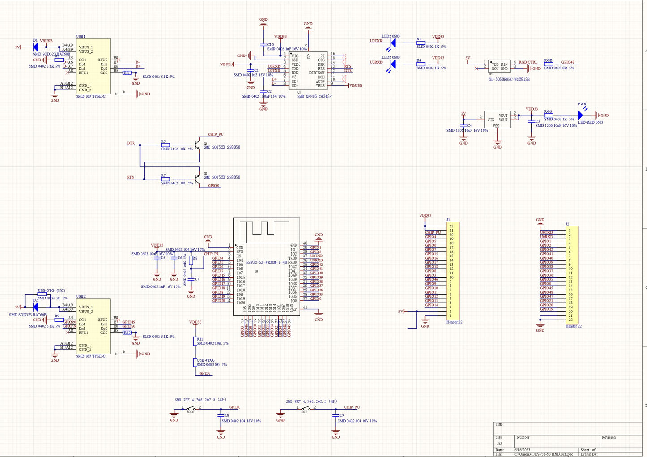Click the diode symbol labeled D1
click(35, 47)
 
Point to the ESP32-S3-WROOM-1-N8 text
click(266, 262)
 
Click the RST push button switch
click(305, 408)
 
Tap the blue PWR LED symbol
click(581, 115)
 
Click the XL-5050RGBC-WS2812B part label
click(509, 79)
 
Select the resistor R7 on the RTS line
click(165, 179)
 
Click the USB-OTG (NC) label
click(51, 290)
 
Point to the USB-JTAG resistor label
click(206, 360)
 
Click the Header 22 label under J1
click(454, 322)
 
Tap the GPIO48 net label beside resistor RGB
click(567, 62)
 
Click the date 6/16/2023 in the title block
click(522, 449)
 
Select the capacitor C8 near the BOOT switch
click(221, 415)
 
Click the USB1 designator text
click(81, 36)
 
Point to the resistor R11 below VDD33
click(195, 341)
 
